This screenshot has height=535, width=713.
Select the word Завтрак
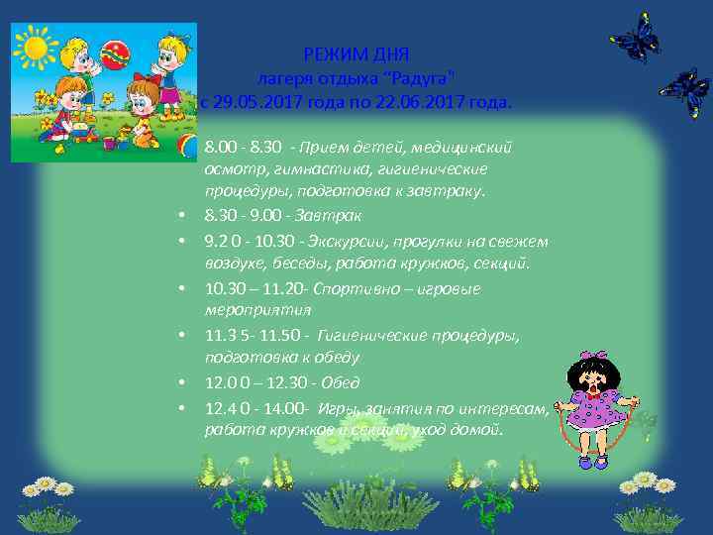coord(334,215)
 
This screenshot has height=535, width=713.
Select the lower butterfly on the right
coord(684,91)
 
